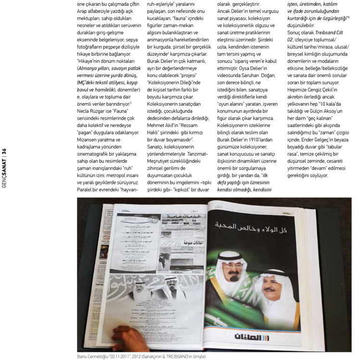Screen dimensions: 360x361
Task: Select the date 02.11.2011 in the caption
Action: coord(124,357)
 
